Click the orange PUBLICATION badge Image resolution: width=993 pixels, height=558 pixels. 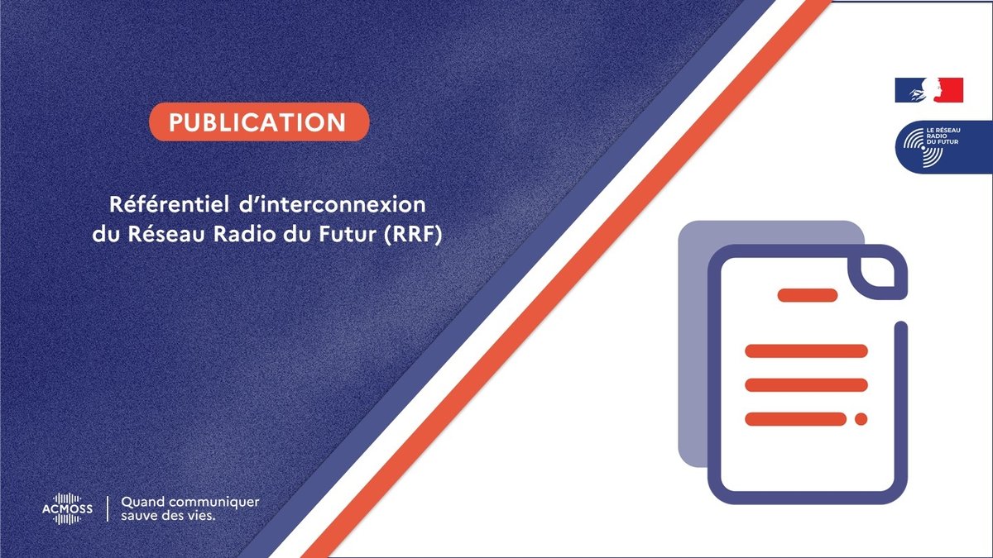click(x=259, y=122)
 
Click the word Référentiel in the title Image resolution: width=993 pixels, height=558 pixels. click(x=170, y=205)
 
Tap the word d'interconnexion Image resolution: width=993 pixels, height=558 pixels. click(x=333, y=205)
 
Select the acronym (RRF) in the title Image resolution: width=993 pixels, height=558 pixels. click(x=413, y=235)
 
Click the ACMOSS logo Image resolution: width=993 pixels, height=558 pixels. click(x=67, y=509)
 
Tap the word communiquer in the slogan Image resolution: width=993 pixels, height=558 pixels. click(x=214, y=503)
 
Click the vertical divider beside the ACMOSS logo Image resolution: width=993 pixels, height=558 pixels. click(x=108, y=509)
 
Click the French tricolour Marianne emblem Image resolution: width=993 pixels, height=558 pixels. click(x=929, y=90)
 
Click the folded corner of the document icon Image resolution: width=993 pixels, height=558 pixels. click(x=878, y=273)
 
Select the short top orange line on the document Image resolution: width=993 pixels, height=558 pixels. click(x=808, y=295)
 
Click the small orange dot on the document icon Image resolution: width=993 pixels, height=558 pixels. click(x=861, y=419)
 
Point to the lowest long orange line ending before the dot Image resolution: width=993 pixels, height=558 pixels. click(x=796, y=419)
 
